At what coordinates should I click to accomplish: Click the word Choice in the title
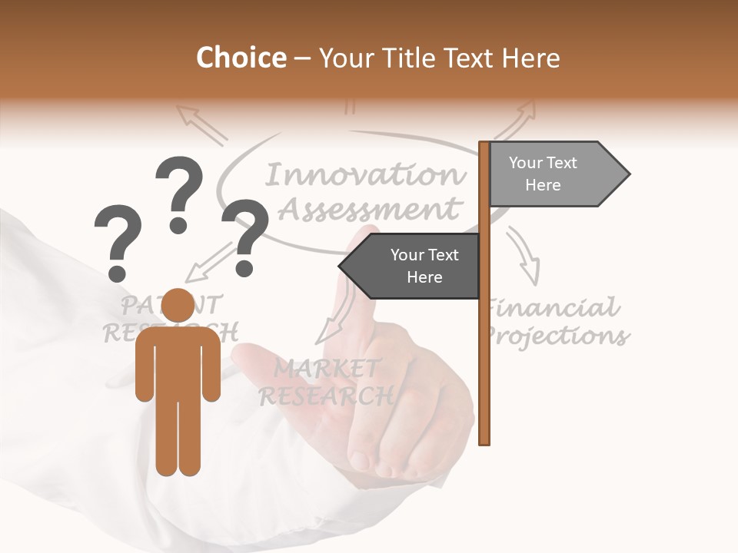(241, 58)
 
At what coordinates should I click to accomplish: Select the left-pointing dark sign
(411, 266)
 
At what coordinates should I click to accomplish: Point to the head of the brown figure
(178, 306)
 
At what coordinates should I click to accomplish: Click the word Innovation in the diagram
(365, 175)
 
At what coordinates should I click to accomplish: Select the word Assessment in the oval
(369, 208)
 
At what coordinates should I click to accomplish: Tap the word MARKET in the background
(327, 369)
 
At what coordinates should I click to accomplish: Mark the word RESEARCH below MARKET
(326, 396)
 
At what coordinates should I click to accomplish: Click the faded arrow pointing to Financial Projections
(525, 257)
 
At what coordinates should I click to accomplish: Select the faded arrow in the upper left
(201, 124)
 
